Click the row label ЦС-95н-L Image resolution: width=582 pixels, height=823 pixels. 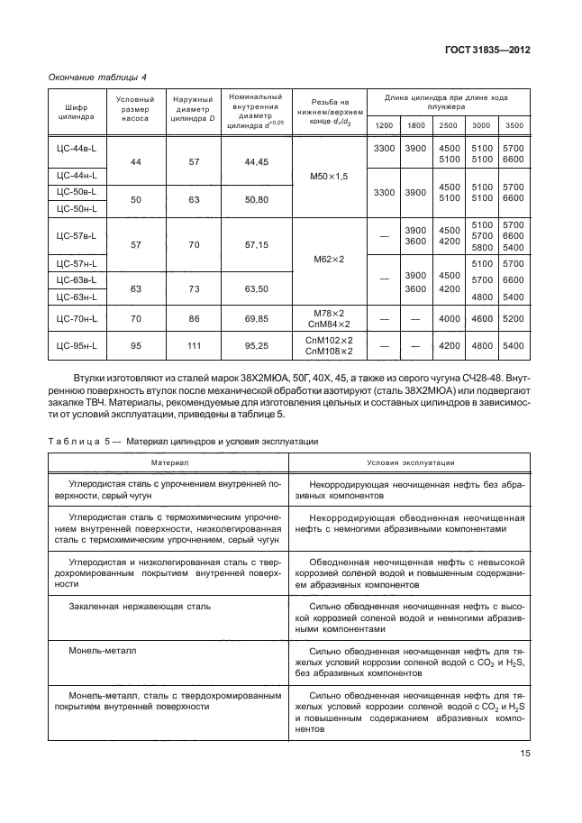pyautogui.click(x=76, y=344)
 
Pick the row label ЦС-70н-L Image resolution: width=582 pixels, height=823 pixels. pyautogui.click(x=76, y=318)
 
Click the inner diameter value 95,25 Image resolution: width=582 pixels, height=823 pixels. pyautogui.click(x=256, y=344)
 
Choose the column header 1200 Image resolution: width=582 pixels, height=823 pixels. pyautogui.click(x=384, y=124)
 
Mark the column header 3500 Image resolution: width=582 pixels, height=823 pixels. pyautogui.click(x=514, y=124)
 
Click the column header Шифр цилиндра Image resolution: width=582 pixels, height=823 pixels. pyautogui.click(x=76, y=112)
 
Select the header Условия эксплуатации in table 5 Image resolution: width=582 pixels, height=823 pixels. pyautogui.click(x=411, y=462)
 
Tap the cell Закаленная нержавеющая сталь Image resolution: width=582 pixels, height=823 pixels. pyautogui.click(x=140, y=607)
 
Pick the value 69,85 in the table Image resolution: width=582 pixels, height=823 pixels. pyautogui.click(x=256, y=318)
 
